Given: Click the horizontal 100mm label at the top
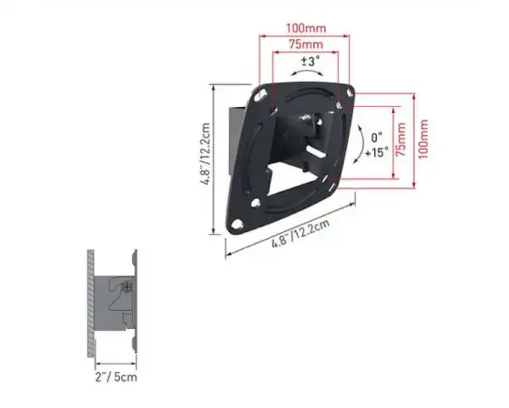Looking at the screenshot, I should pyautogui.click(x=305, y=29).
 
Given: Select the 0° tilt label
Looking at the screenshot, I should pyautogui.click(x=376, y=137).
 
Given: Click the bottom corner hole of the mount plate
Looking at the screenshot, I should pyautogui.click(x=237, y=224).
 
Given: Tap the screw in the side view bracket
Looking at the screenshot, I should pyautogui.click(x=126, y=287).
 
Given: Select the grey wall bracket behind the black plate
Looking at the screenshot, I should pyautogui.click(x=235, y=136).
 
